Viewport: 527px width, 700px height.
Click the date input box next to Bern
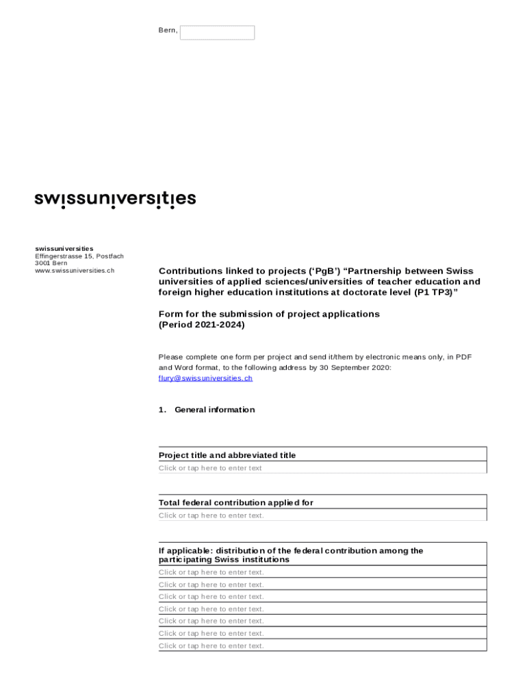217,33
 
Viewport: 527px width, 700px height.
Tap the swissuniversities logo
115,199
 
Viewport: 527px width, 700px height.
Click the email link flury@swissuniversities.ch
205,378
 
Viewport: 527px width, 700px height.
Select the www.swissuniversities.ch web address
75,270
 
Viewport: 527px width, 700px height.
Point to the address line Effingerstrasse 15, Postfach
79,256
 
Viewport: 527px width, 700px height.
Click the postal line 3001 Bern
51,263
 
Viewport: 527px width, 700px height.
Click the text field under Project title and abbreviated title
322,468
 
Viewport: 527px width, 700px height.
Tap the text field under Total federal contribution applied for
322,515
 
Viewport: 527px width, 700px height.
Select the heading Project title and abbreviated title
227,455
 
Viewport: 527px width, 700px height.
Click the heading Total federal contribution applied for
236,502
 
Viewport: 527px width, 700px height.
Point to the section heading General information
214,409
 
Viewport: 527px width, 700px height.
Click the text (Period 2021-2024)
201,325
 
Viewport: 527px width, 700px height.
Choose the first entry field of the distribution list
322,572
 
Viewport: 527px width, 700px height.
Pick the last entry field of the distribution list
322,645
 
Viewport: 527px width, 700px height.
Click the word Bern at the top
167,31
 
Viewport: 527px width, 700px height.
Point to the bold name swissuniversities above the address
64,248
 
